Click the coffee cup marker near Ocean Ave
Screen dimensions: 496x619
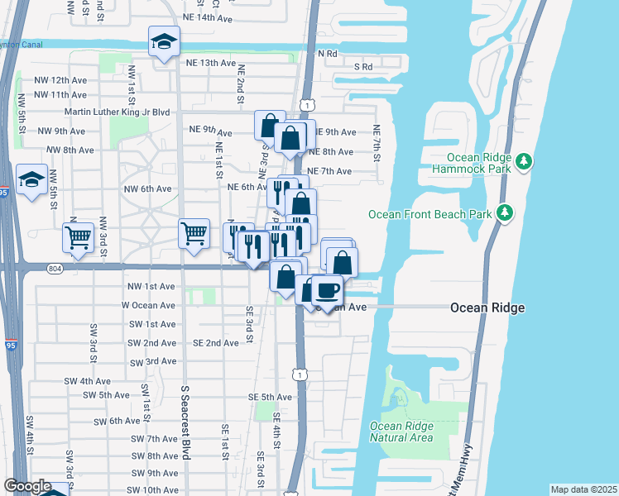point(327,290)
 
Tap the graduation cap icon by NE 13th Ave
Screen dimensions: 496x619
point(164,41)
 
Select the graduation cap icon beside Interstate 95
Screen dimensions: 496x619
point(31,179)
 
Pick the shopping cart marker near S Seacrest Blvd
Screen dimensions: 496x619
point(194,232)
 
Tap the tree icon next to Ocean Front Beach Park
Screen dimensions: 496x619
point(504,214)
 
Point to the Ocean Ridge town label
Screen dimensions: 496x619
point(487,308)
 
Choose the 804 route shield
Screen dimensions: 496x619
point(55,268)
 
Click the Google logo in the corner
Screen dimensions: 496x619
point(27,486)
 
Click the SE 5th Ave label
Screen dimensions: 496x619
point(270,397)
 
